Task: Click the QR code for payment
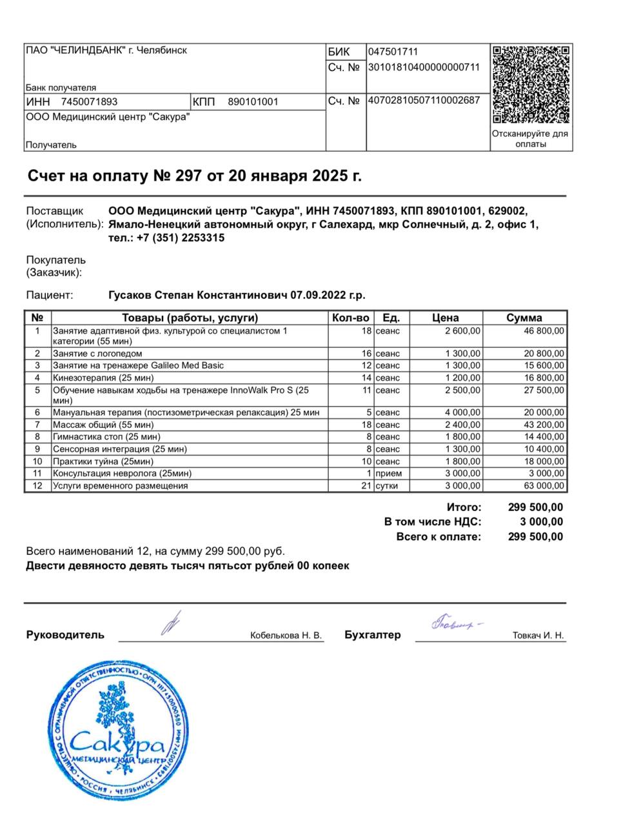click(531, 84)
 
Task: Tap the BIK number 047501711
click(393, 52)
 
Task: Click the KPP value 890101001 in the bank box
click(253, 102)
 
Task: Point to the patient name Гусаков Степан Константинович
click(197, 296)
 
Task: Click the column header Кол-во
click(350, 317)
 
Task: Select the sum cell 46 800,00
click(544, 331)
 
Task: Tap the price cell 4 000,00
click(462, 412)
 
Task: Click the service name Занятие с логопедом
click(97, 354)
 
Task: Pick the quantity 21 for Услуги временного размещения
click(366, 486)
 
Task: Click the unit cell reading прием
click(388, 474)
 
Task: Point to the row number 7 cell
click(37, 425)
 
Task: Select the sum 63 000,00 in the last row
click(544, 486)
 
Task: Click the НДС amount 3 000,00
click(541, 522)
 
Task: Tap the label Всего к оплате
click(439, 537)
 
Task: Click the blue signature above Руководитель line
click(172, 623)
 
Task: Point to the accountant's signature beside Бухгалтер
click(455, 624)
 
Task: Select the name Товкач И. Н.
click(538, 636)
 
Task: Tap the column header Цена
click(445, 317)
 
